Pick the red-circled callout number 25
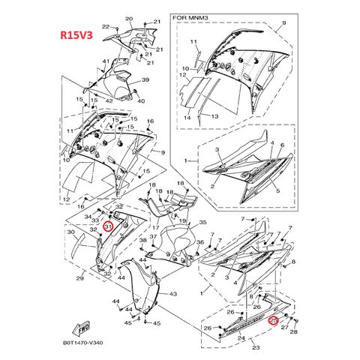click(x=274, y=320)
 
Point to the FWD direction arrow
click(x=80, y=328)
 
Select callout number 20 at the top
click(x=128, y=19)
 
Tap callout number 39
click(x=145, y=80)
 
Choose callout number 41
click(x=106, y=61)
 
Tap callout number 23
click(x=256, y=347)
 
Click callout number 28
click(x=293, y=331)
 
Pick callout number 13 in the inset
click(x=213, y=117)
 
